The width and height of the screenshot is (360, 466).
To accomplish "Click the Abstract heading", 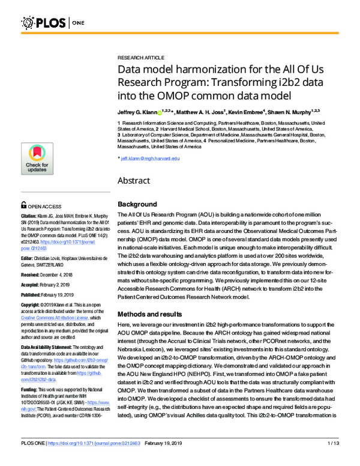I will click(x=134, y=180).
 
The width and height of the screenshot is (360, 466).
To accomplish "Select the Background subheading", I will click(x=137, y=204).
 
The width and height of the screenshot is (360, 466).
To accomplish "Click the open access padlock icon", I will click(x=24, y=204).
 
